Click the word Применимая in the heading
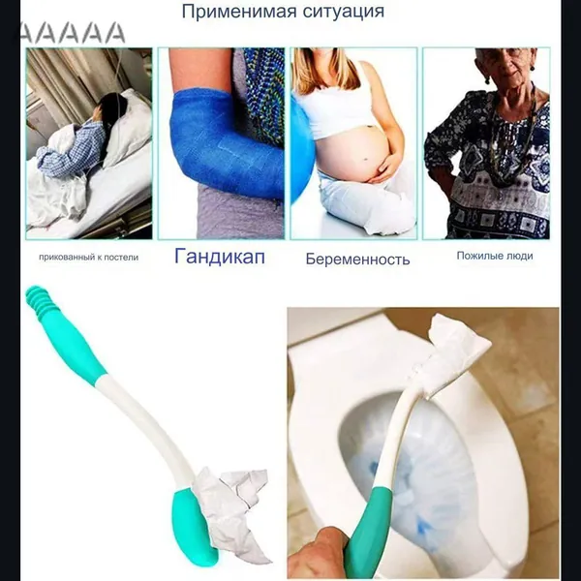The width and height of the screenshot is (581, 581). click(x=239, y=12)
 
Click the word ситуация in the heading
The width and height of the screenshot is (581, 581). click(x=344, y=12)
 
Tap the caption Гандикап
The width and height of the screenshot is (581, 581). click(x=220, y=257)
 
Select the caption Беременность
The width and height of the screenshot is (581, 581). click(x=357, y=259)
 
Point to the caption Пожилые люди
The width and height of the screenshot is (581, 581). click(x=495, y=256)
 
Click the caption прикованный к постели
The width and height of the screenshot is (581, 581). click(x=88, y=258)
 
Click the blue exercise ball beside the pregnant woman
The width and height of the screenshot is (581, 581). click(x=301, y=148)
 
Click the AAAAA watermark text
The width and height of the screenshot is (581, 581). click(x=73, y=33)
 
